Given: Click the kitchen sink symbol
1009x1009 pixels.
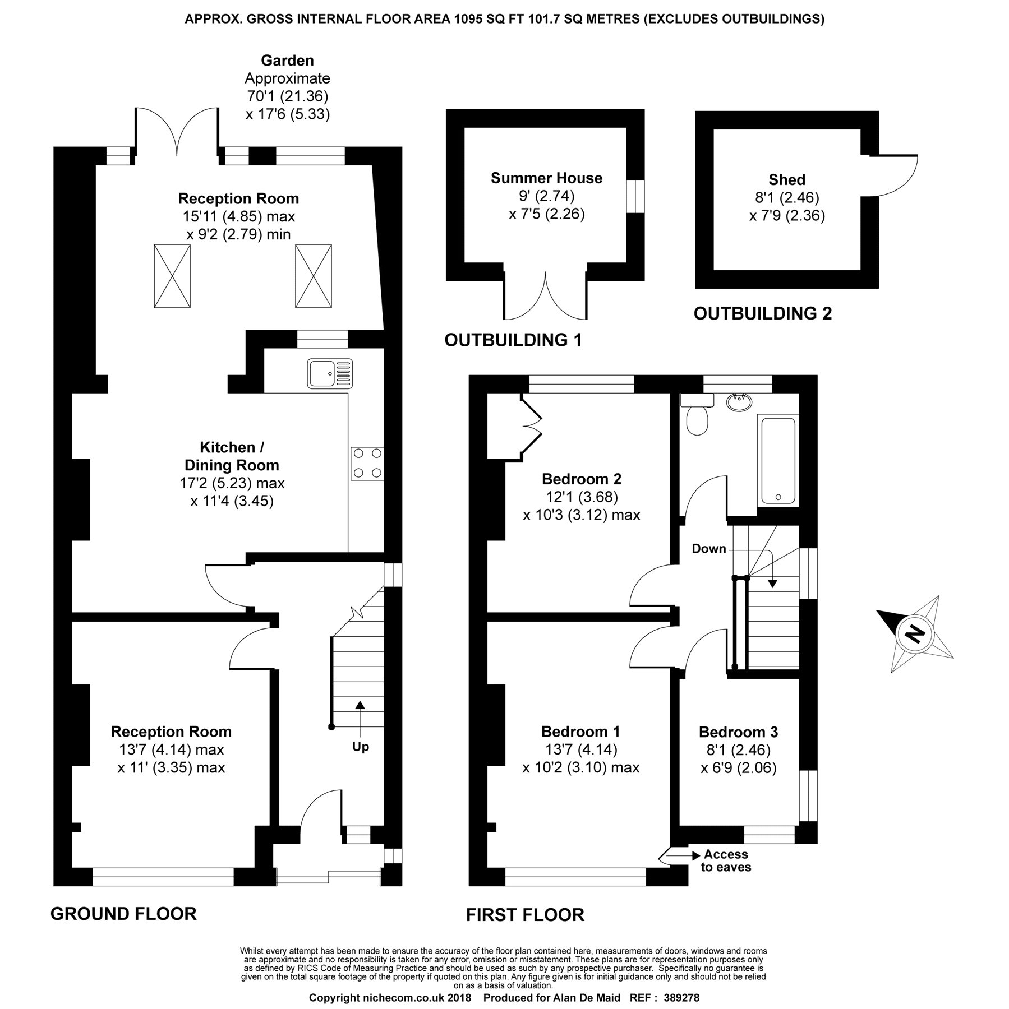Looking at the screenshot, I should click(x=330, y=374).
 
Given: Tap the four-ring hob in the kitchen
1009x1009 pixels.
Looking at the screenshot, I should click(x=367, y=464).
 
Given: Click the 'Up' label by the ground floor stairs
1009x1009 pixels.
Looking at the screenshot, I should click(x=360, y=747).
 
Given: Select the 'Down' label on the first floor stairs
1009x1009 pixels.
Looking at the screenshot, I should click(x=708, y=549).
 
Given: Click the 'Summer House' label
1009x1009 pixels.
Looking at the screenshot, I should click(x=546, y=178).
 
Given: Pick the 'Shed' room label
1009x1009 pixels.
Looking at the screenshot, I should click(x=786, y=180).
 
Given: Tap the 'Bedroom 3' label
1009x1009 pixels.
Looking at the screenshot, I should click(x=738, y=732).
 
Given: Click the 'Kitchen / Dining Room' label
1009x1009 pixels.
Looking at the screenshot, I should click(x=232, y=456).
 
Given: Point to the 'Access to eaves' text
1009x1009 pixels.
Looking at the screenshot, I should click(x=726, y=861).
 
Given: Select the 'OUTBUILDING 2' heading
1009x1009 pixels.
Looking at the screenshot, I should click(x=762, y=313).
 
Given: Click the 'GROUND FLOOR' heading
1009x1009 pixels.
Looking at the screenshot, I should click(x=123, y=914).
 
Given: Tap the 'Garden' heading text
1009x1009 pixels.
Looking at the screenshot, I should click(x=287, y=61).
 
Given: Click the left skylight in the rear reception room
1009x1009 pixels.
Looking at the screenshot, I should click(x=172, y=276).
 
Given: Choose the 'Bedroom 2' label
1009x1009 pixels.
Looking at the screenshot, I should click(x=581, y=479).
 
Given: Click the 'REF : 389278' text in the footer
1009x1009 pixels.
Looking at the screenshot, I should click(x=665, y=998).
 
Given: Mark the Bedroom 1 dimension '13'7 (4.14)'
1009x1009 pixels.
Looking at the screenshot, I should click(x=581, y=749).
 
